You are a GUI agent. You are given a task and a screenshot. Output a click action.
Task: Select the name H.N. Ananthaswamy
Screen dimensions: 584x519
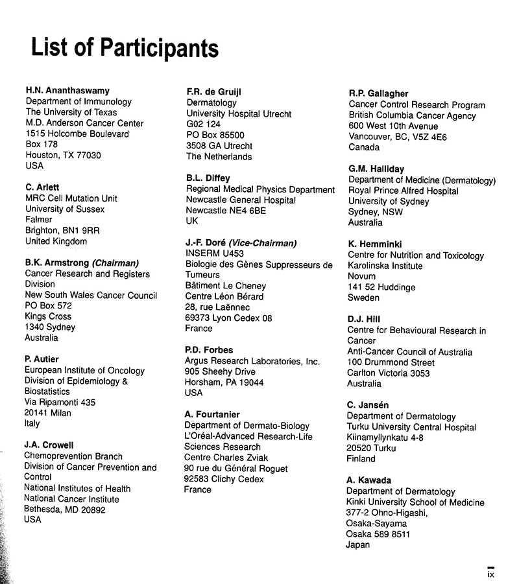click(67, 91)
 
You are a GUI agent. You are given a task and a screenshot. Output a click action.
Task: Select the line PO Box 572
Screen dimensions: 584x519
click(49, 306)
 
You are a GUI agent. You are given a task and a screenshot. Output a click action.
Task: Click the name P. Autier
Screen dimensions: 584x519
click(42, 360)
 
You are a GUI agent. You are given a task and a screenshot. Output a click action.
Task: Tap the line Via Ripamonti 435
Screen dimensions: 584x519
click(60, 403)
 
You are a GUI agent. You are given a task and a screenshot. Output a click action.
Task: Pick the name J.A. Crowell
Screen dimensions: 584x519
click(49, 445)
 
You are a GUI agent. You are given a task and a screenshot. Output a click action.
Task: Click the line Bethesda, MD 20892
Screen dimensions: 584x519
click(65, 509)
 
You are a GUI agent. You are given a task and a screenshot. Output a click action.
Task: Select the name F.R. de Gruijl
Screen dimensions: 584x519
click(214, 91)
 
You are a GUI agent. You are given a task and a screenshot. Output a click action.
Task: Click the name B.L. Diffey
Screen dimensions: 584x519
click(208, 178)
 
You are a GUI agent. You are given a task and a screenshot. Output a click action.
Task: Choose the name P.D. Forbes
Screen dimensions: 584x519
click(210, 351)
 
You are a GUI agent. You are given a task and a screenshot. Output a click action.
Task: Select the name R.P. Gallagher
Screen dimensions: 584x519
click(379, 93)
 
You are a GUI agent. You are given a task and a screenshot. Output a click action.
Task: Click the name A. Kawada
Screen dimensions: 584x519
click(368, 481)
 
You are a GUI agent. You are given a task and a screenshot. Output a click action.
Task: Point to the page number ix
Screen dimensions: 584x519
click(491, 573)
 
